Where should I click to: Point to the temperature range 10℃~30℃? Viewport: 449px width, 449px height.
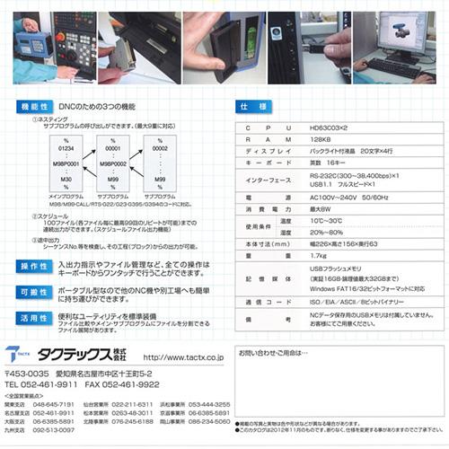(x=325, y=218)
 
